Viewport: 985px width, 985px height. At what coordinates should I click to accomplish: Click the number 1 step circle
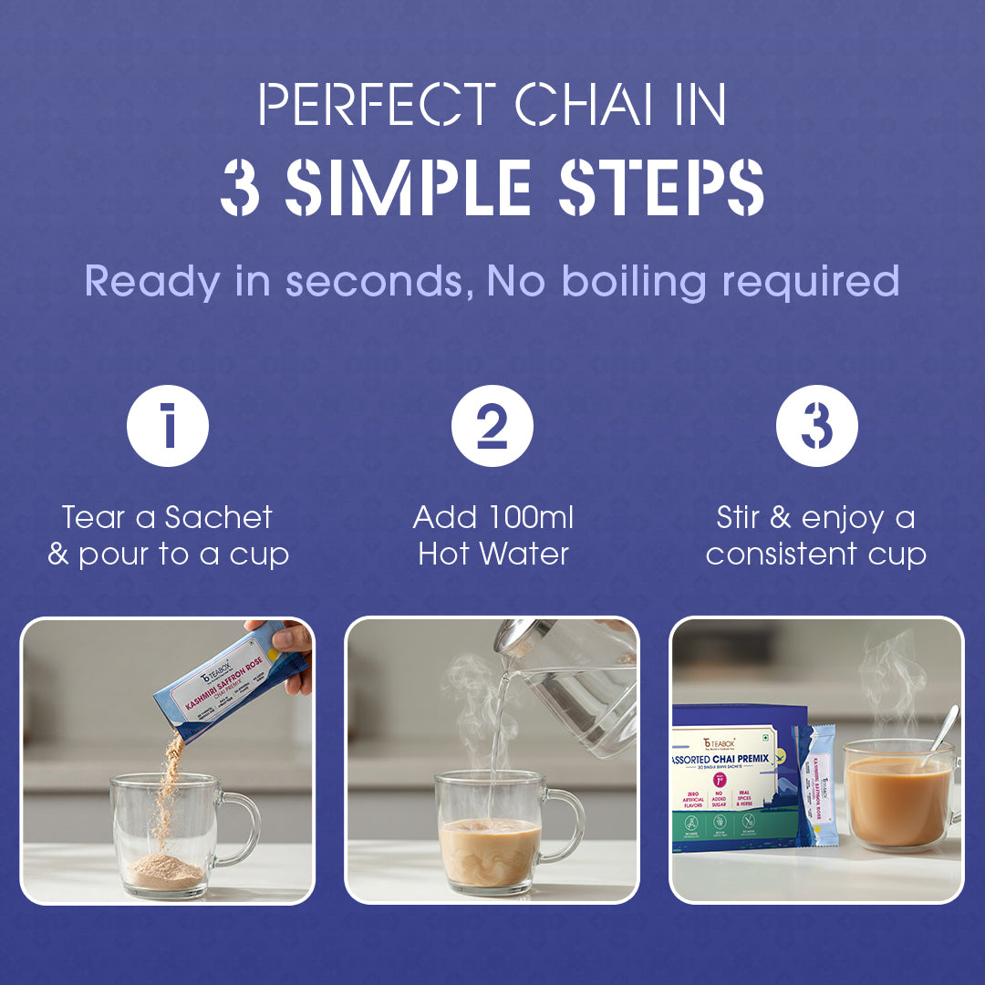pos(168,426)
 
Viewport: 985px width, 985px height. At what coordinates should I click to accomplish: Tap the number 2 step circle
pos(493,426)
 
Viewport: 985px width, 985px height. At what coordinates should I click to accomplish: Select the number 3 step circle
pos(816,426)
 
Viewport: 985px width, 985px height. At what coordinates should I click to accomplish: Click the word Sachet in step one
pos(219,518)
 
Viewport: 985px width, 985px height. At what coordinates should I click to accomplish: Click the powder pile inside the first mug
pos(164,872)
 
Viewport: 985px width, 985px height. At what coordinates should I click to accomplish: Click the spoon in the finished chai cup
pos(939,734)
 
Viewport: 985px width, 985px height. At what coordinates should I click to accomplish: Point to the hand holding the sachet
pos(287,643)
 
